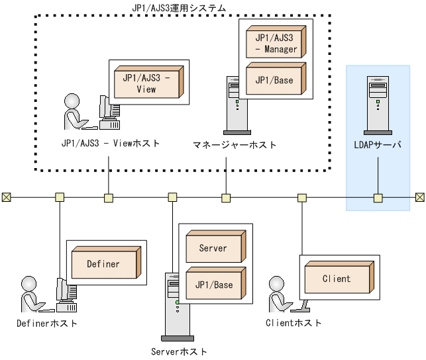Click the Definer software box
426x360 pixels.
click(x=104, y=263)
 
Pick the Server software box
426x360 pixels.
click(x=213, y=248)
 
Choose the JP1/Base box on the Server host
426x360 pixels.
click(x=213, y=285)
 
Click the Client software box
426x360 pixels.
click(x=336, y=279)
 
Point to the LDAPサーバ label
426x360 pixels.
click(x=378, y=145)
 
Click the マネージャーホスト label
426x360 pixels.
click(x=235, y=144)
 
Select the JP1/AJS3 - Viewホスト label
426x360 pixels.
click(x=109, y=143)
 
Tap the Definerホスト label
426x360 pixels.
click(x=47, y=324)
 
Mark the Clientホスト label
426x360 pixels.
click(x=293, y=323)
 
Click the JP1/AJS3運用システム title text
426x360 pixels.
click(x=180, y=8)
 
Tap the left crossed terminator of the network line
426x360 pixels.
click(x=6, y=197)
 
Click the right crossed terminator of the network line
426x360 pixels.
click(x=420, y=197)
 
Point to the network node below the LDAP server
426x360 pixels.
click(x=378, y=197)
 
